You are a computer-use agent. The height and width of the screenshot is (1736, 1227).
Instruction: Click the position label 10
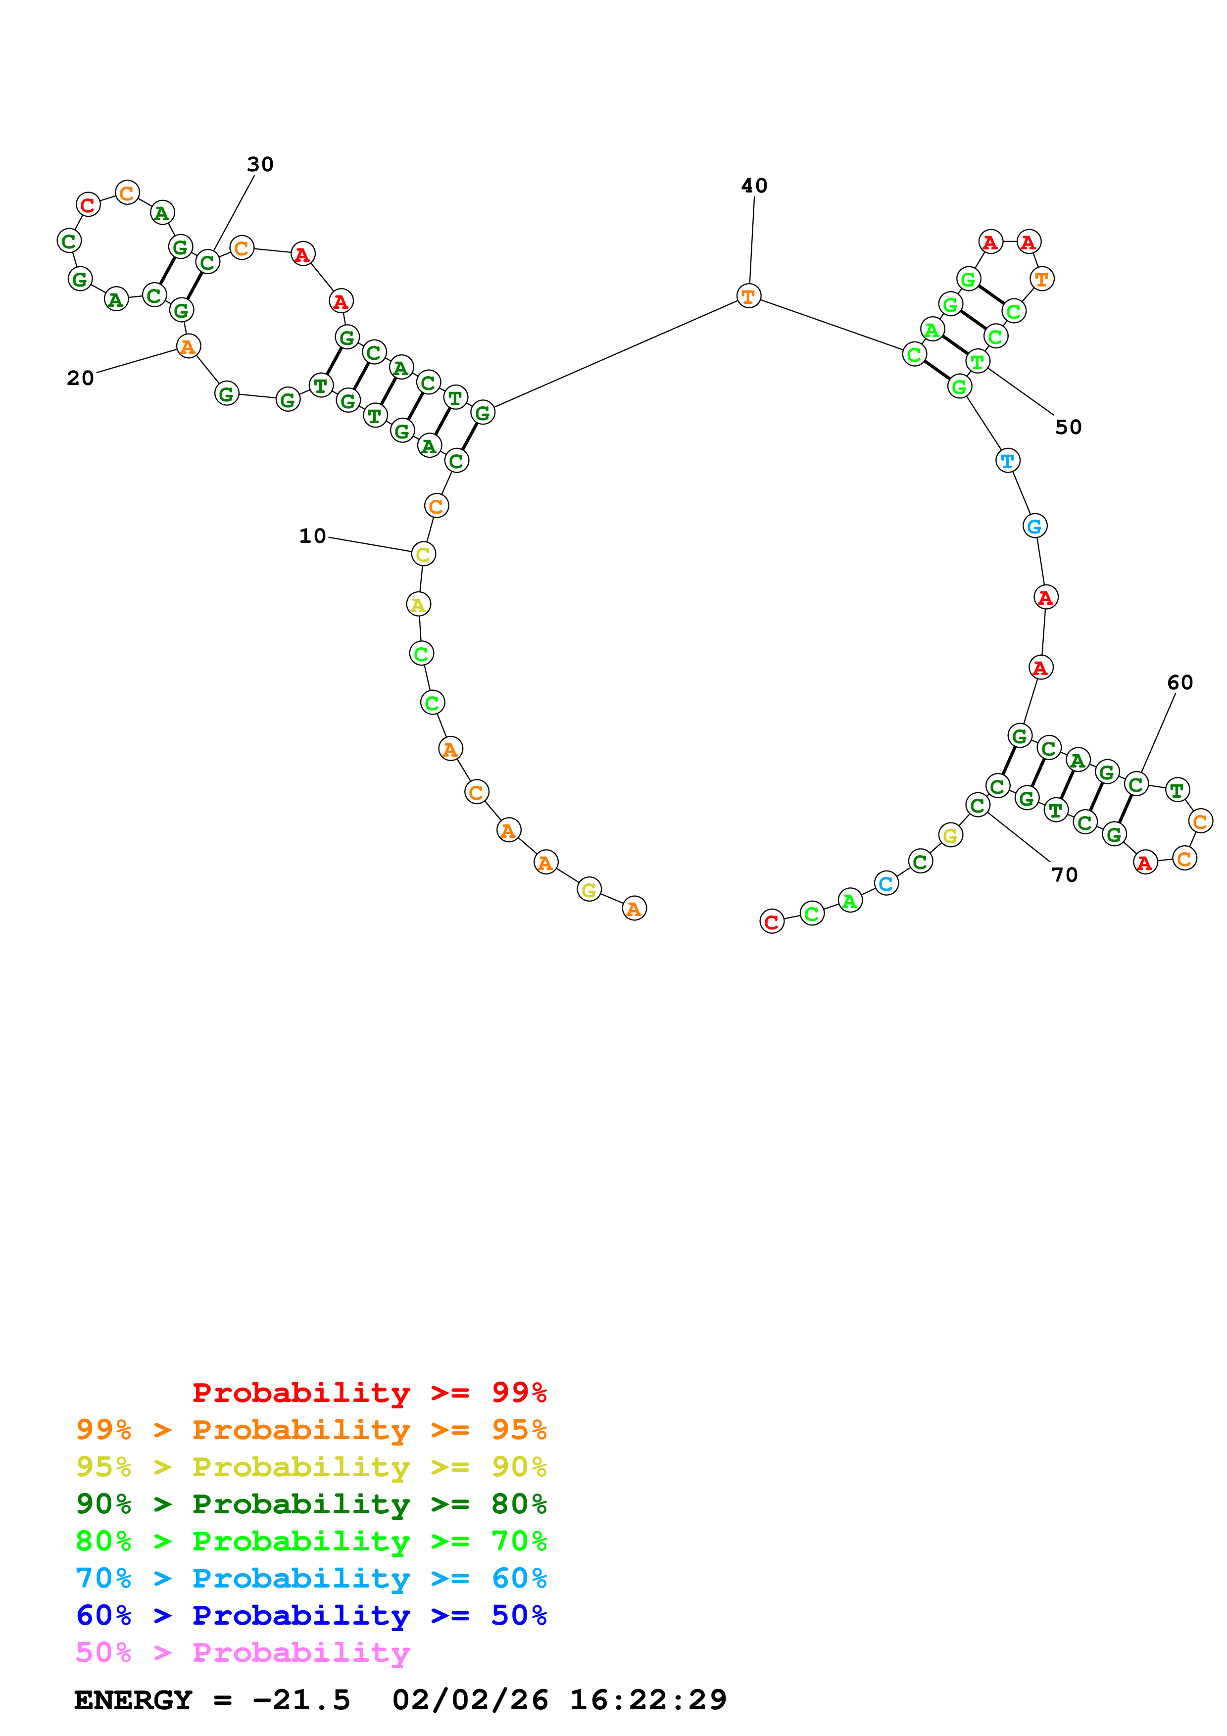312,536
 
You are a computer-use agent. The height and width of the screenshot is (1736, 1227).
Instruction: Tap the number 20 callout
80,378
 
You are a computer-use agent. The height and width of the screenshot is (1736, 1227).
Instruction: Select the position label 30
260,164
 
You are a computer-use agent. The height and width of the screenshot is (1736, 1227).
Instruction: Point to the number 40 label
754,185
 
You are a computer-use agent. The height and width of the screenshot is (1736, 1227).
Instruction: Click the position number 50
1068,427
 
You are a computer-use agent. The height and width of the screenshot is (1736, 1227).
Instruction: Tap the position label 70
1065,875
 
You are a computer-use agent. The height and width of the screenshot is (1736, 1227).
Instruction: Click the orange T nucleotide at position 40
748,296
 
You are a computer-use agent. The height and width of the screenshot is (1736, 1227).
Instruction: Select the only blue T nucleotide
1007,460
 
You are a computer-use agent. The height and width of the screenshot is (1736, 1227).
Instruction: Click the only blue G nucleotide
1034,526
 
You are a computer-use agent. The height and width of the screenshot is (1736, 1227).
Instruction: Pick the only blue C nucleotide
886,883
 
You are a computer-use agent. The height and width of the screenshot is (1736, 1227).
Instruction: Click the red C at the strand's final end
771,921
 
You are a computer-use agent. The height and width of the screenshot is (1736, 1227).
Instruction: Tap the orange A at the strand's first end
634,909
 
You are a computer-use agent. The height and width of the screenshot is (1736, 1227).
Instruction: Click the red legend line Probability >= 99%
369,1392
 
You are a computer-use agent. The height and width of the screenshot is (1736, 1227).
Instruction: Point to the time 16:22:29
648,1700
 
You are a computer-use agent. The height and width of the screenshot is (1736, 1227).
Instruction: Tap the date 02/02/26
470,1700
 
